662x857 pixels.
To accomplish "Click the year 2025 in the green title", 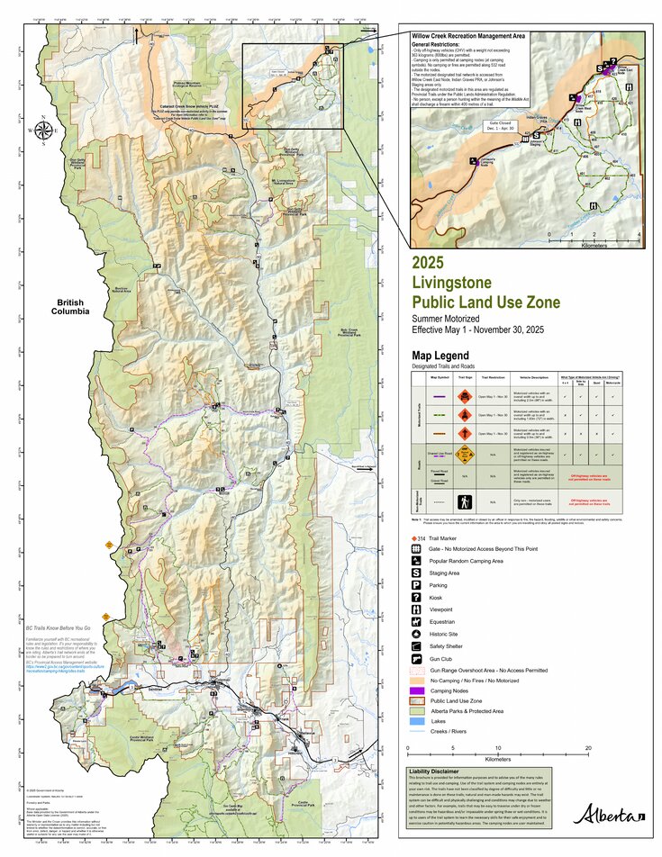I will [x=429, y=263].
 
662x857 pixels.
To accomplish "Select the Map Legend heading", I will [x=440, y=356].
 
